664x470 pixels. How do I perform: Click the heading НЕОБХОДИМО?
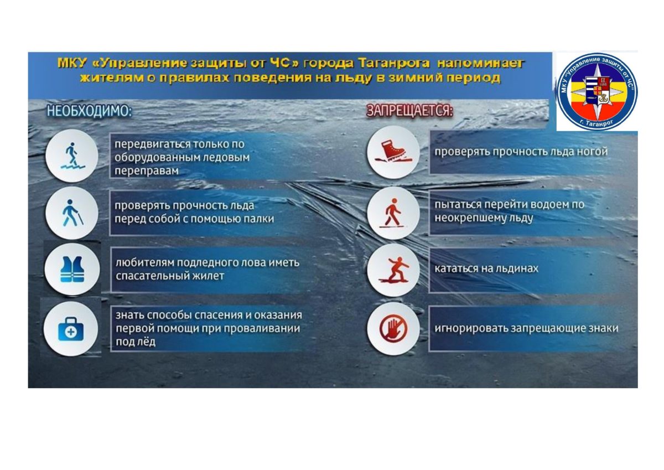pyautogui.click(x=89, y=111)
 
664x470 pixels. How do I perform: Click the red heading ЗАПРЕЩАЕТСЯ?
pyautogui.click(x=409, y=111)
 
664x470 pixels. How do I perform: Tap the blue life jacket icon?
pyautogui.click(x=72, y=269)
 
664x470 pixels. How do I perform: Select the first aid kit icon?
pyautogui.click(x=71, y=329)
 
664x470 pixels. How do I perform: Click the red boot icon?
pyautogui.click(x=393, y=152)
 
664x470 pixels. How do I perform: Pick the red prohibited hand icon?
pyautogui.click(x=393, y=328)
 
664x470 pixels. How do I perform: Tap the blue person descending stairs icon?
pyautogui.click(x=72, y=156)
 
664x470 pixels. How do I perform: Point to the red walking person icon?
pyautogui.click(x=392, y=213)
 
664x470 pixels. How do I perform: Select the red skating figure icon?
pyautogui.click(x=393, y=270)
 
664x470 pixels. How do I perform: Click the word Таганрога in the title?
pyautogui.click(x=393, y=64)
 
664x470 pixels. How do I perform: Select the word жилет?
pyautogui.click(x=209, y=276)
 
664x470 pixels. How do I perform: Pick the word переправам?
pyautogui.click(x=147, y=171)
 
